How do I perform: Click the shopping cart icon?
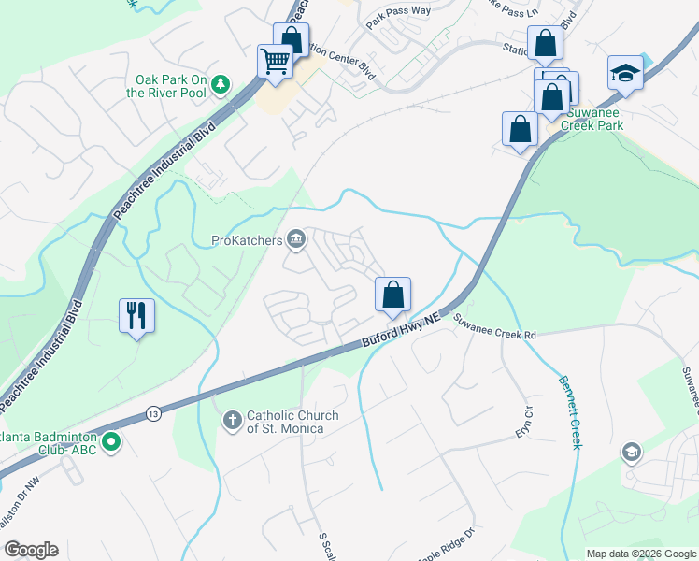click(x=275, y=62)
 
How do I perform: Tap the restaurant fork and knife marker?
click(x=136, y=315)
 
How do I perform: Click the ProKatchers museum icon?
click(x=296, y=240)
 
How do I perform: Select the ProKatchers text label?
click(x=247, y=240)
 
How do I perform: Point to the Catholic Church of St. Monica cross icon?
click(x=233, y=422)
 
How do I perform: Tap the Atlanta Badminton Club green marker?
click(x=111, y=441)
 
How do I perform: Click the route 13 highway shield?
click(x=153, y=412)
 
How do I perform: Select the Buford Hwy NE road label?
click(x=400, y=332)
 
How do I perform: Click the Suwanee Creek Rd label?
click(x=495, y=327)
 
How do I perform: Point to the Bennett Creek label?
click(x=569, y=412)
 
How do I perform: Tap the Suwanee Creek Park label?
click(x=598, y=118)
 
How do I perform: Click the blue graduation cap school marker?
click(x=624, y=74)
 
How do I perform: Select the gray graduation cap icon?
click(x=631, y=453)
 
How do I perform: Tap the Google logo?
click(x=31, y=550)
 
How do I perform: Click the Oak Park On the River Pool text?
click(x=170, y=86)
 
